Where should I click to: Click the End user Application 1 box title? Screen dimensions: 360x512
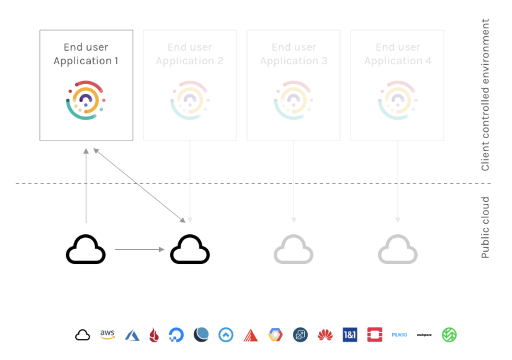click(86, 54)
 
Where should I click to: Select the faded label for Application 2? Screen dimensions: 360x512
click(189, 54)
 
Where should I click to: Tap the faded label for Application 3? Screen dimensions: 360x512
click(294, 54)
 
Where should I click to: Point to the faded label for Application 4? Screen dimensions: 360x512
click(398, 54)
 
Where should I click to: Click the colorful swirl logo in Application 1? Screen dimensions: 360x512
click(86, 101)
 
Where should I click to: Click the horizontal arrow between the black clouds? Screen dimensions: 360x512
click(139, 249)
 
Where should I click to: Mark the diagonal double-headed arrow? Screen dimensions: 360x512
click(139, 185)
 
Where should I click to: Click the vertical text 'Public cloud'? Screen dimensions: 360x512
click(486, 227)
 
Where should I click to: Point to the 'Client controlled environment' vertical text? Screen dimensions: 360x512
click(486, 95)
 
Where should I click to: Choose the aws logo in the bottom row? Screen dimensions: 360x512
click(108, 335)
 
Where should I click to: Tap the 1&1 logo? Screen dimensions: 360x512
click(349, 335)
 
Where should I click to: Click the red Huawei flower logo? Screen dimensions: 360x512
click(325, 335)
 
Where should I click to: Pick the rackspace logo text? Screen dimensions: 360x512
click(424, 335)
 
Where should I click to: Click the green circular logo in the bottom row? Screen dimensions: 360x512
click(449, 335)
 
